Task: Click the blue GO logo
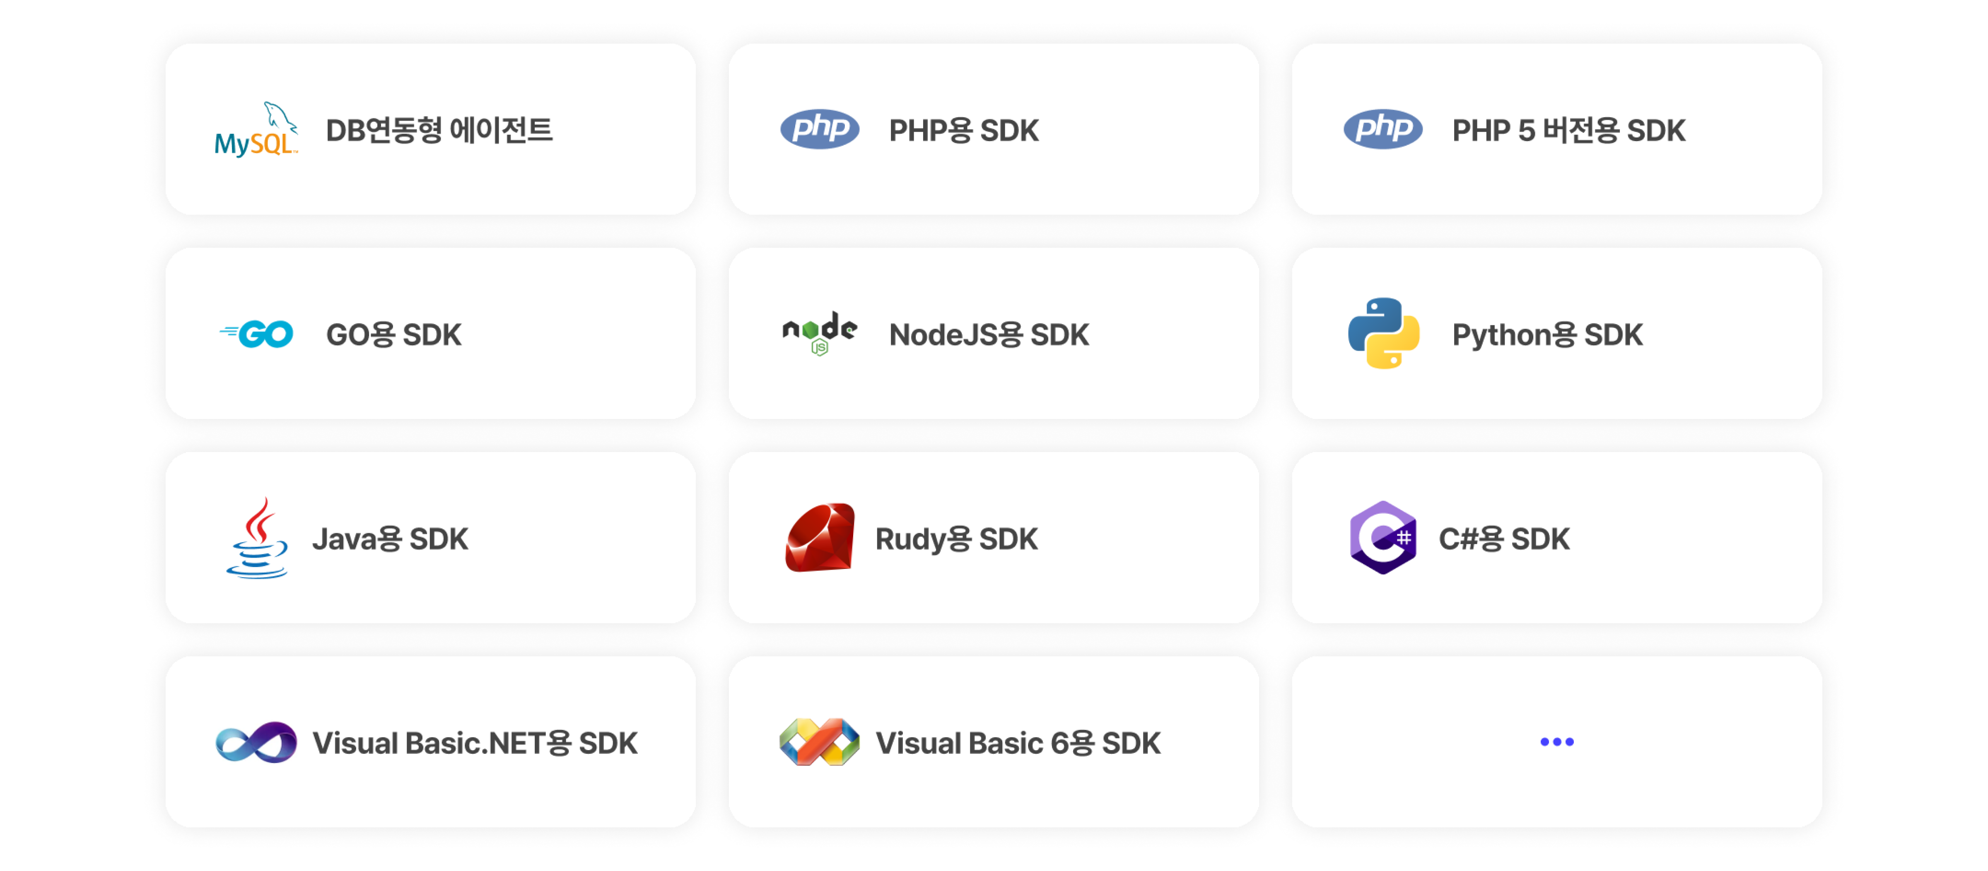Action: pos(257,334)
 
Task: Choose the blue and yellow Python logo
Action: pos(1383,333)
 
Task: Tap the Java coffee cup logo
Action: pos(257,538)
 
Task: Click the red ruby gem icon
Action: pos(820,538)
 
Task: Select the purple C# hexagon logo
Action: pos(1383,538)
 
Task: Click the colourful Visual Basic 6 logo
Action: pos(820,742)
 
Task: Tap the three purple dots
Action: pos(1556,742)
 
